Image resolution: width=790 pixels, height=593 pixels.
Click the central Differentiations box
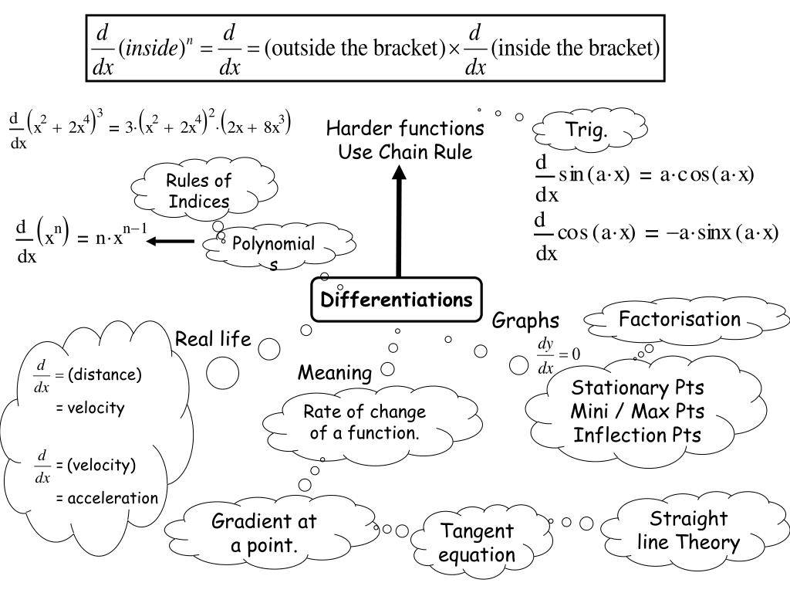[x=397, y=300]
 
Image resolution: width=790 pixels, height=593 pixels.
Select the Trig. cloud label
[x=587, y=130]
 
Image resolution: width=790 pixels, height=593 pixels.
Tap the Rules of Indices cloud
[x=199, y=191]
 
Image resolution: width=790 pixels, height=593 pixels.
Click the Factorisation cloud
[x=680, y=319]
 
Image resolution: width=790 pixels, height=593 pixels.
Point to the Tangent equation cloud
[x=477, y=543]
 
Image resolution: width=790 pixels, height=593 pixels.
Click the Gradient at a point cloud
[x=264, y=534]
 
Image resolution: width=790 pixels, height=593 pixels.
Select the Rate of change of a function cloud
[x=364, y=422]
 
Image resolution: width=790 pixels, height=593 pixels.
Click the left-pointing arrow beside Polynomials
[x=170, y=242]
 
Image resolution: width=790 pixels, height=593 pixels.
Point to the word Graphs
[x=525, y=320]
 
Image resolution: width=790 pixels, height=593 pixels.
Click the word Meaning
[x=335, y=373]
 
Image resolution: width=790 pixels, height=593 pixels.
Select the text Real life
[x=213, y=339]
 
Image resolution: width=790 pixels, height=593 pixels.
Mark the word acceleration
[x=112, y=498]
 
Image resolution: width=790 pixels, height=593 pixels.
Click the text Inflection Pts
[x=637, y=435]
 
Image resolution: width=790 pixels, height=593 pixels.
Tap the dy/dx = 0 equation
[x=559, y=354]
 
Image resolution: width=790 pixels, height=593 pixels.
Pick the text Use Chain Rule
[x=405, y=151]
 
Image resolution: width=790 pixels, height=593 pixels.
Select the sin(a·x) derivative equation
[x=644, y=176]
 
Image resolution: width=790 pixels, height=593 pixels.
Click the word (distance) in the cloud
[x=104, y=375]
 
